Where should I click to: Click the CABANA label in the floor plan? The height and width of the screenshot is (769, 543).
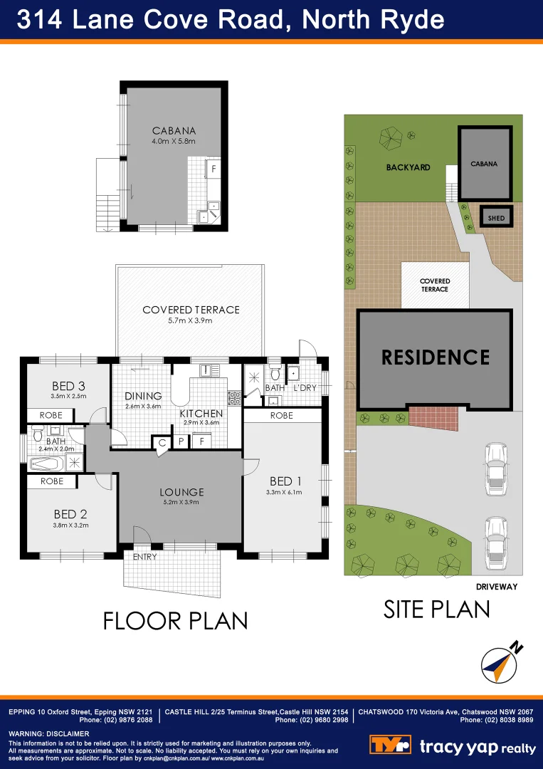click(174, 131)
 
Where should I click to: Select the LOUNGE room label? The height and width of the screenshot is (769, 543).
click(182, 492)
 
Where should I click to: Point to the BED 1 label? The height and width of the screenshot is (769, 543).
click(281, 482)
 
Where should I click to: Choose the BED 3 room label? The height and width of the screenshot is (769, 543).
click(68, 387)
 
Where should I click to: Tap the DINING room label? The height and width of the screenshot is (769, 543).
click(143, 397)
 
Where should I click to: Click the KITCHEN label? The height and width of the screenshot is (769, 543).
click(201, 414)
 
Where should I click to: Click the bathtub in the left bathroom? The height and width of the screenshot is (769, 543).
click(48, 464)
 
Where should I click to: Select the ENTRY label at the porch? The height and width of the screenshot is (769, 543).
click(144, 557)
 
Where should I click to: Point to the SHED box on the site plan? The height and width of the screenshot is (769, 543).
click(497, 217)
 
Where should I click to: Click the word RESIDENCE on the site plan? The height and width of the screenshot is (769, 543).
click(436, 357)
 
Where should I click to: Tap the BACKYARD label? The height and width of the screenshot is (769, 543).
click(408, 167)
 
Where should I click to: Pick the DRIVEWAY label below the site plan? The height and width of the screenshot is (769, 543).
click(496, 587)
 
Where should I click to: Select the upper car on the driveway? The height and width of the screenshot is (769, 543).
click(495, 469)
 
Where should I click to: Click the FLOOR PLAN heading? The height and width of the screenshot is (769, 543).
click(175, 620)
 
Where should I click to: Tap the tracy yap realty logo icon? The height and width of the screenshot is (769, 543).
click(390, 746)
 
